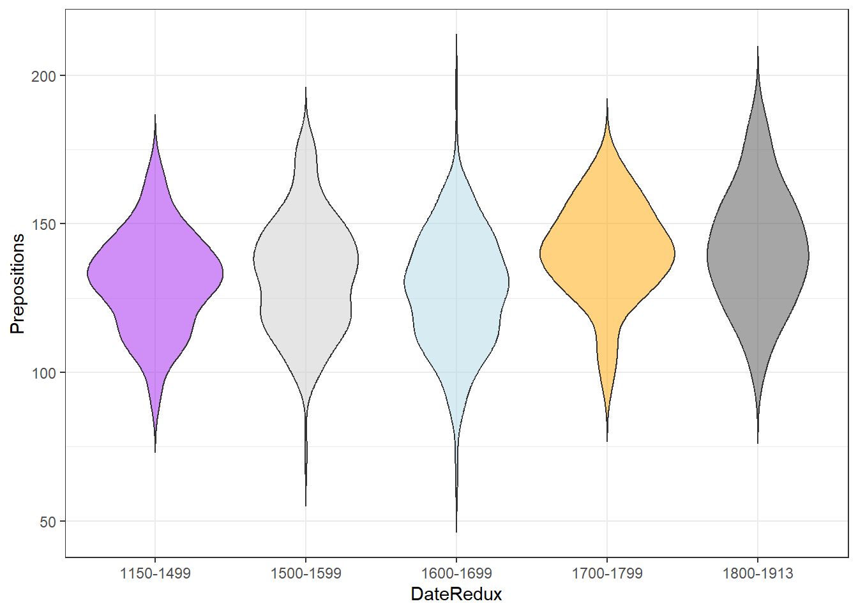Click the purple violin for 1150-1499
point(155,275)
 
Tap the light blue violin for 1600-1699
point(456,281)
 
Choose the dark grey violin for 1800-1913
point(758,255)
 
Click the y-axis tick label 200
point(44,76)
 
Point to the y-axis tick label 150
point(44,224)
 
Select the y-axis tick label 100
point(44,373)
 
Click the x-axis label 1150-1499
point(155,573)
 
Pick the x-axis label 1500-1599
point(306,573)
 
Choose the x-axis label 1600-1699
point(456,573)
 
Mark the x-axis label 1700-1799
point(607,573)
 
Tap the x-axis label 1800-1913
point(758,573)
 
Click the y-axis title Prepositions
point(17,284)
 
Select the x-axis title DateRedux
point(456,594)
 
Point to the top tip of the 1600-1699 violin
point(456,34)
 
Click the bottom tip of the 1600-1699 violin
point(456,531)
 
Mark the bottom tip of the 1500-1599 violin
point(306,505)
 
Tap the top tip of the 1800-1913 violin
point(758,47)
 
